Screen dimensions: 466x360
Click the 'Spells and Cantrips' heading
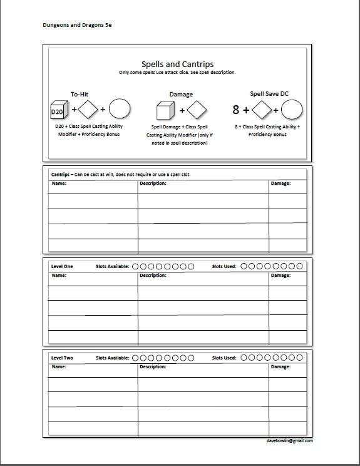tap(177, 65)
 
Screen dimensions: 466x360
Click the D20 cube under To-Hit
tap(57, 110)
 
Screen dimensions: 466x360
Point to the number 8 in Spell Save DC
tap(236, 110)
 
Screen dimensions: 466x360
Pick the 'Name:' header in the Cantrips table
tap(58, 184)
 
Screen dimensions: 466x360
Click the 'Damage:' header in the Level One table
tap(280, 275)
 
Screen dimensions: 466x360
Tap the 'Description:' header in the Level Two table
tap(153, 366)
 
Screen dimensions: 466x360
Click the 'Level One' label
tap(62, 267)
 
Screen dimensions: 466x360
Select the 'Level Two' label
tap(62, 358)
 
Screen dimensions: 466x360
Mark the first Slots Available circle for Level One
tap(136, 267)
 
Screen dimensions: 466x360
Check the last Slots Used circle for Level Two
tap(299, 358)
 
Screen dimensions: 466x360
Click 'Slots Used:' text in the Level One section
tap(224, 267)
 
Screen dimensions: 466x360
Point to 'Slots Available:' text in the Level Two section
tap(113, 358)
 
